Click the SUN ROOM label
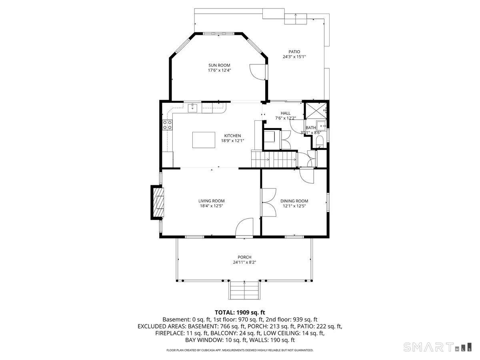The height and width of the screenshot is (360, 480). [x=219, y=65]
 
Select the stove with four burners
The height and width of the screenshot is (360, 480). [x=168, y=125]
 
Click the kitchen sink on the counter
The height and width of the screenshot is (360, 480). [x=193, y=108]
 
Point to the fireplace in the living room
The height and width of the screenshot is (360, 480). [x=158, y=202]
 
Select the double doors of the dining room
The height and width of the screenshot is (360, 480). [x=268, y=202]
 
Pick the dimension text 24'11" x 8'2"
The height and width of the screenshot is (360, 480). [x=244, y=262]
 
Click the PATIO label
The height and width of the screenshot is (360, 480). [x=294, y=52]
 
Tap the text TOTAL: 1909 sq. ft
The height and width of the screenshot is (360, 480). [x=240, y=312]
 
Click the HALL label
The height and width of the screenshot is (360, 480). [x=286, y=113]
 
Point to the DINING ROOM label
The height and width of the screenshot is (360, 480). [x=294, y=201]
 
